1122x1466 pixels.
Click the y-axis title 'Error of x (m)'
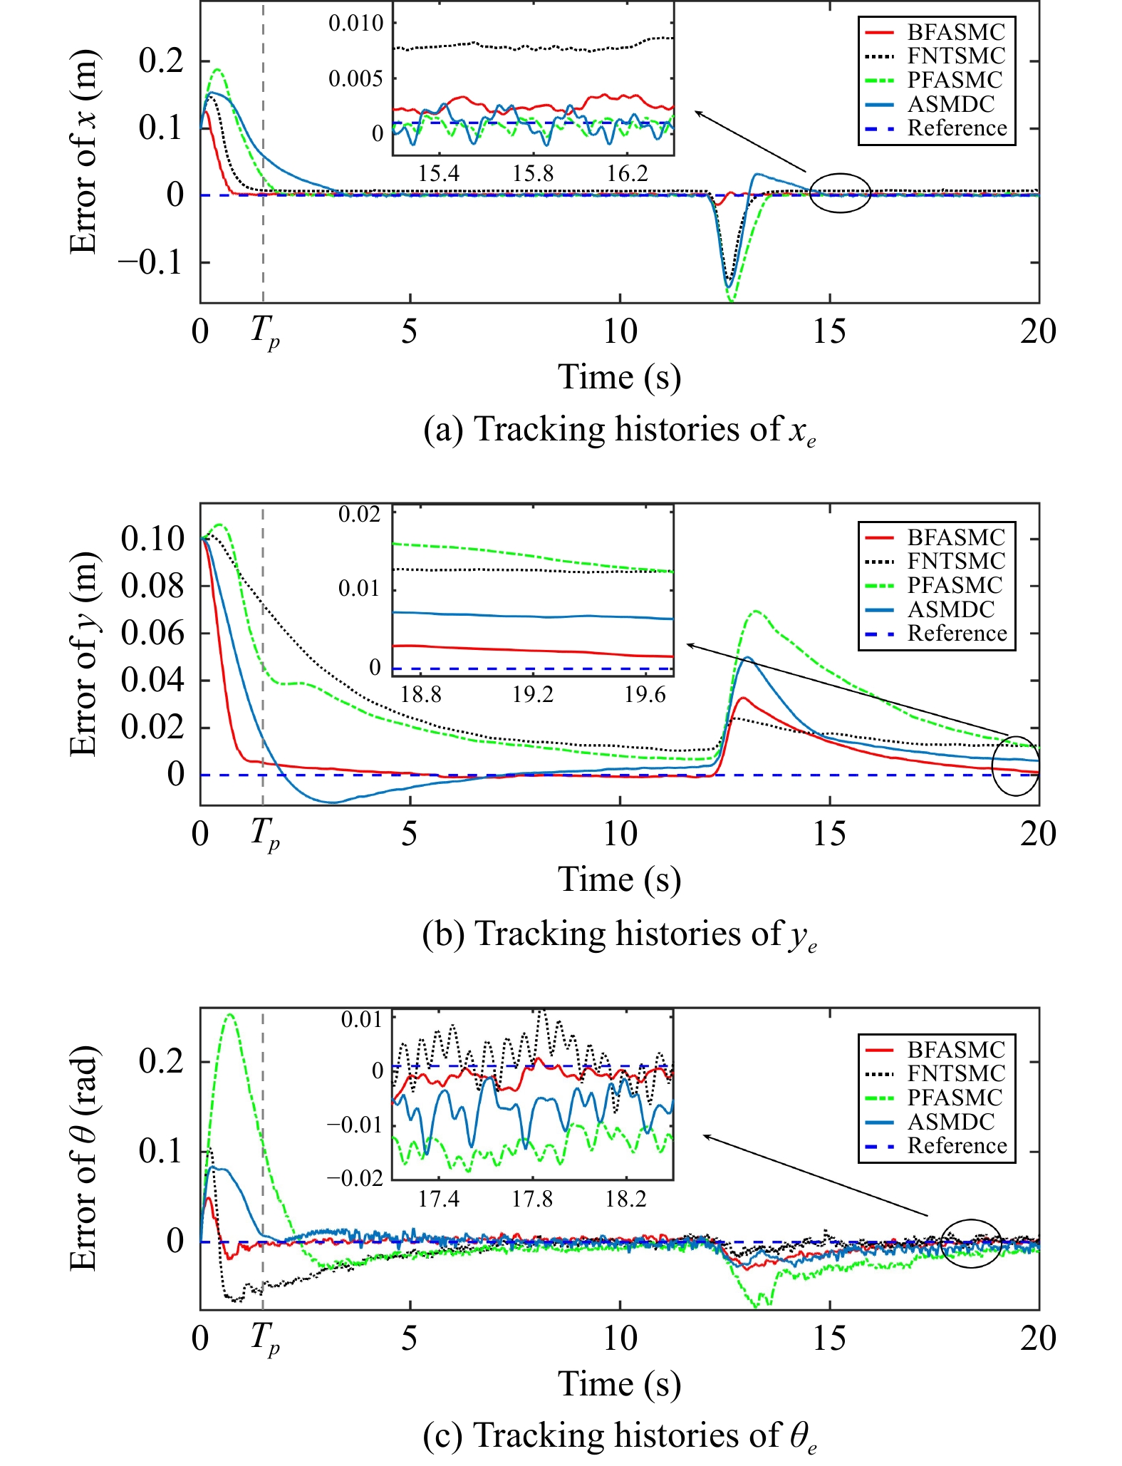coord(84,152)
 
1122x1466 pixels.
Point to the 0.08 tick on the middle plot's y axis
coord(152,586)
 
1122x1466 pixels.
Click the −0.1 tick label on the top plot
coord(154,262)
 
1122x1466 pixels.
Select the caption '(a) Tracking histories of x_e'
coord(619,430)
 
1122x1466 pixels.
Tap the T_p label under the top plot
coord(264,332)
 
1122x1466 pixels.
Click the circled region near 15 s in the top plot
coord(841,192)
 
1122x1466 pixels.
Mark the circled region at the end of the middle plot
coord(1015,765)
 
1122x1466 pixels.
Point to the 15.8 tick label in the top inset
coord(532,173)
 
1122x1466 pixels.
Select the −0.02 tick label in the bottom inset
coord(354,1177)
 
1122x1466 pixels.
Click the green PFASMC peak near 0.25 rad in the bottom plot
coord(229,1014)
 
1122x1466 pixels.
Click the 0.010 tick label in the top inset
coord(355,23)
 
